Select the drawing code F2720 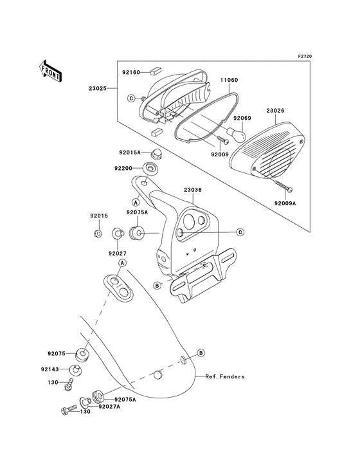[322, 57]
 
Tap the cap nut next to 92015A [156, 153]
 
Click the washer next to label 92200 [152, 169]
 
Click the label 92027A [111, 407]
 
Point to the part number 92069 [242, 118]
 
